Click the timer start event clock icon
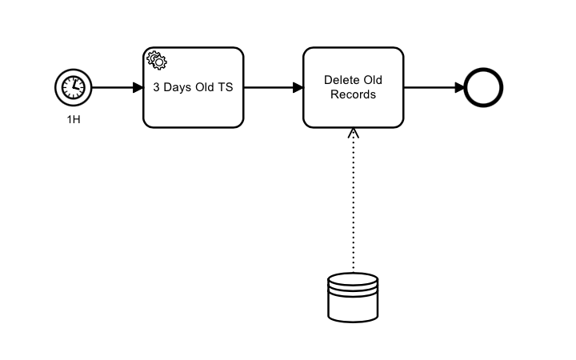pyautogui.click(x=73, y=87)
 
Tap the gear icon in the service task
pyautogui.click(x=156, y=60)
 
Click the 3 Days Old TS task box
pyautogui.click(x=193, y=108)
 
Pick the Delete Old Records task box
pyautogui.click(x=353, y=110)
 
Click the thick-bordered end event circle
pyautogui.click(x=483, y=87)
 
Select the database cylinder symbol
pyautogui.click(x=353, y=297)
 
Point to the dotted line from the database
pyautogui.click(x=353, y=208)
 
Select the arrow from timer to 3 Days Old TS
pyautogui.click(x=112, y=87)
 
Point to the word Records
pyautogui.click(x=353, y=94)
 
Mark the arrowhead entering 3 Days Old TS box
pyautogui.click(x=138, y=87)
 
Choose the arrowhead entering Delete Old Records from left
pyautogui.click(x=298, y=87)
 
